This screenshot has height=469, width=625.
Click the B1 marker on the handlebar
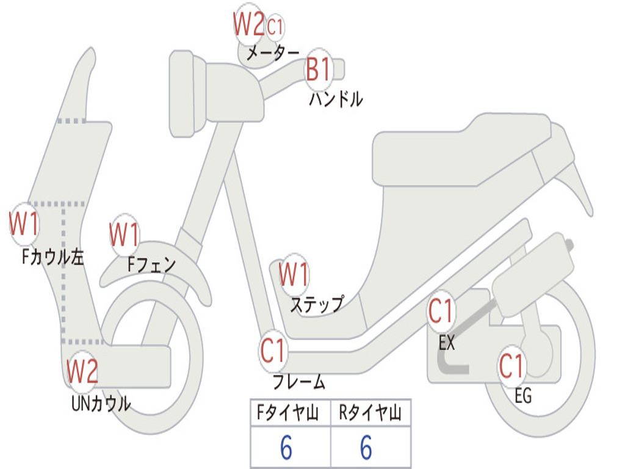[x=318, y=69]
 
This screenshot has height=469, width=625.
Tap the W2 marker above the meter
[x=248, y=24]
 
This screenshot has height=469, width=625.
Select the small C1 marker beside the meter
[x=275, y=27]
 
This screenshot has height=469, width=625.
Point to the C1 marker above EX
[x=441, y=311]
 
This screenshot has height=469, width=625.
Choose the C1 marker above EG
[x=511, y=366]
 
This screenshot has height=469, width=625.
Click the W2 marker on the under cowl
[x=82, y=371]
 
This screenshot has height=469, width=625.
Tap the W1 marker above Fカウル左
[x=24, y=224]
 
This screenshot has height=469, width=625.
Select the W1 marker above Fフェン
[x=125, y=234]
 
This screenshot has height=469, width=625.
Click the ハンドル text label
[x=336, y=99]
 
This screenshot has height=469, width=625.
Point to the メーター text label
[x=273, y=54]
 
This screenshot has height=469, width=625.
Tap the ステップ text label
[x=316, y=304]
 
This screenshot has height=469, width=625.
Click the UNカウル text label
[x=101, y=404]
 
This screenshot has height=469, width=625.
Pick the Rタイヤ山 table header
[x=370, y=414]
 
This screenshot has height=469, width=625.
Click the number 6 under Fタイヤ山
[x=286, y=448]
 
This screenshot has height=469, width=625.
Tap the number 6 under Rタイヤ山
[x=366, y=448]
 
